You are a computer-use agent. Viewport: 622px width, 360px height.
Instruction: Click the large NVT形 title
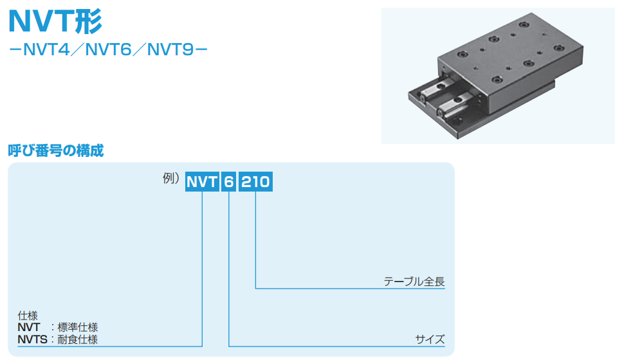[x=55, y=21]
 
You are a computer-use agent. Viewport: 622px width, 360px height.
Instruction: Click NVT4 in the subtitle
[x=47, y=50]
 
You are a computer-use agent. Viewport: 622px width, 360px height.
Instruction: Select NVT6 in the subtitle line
[x=108, y=50]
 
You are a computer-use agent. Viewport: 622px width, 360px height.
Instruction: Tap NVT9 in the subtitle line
[x=170, y=50]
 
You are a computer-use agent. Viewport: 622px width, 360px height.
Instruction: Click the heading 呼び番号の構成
[x=56, y=150]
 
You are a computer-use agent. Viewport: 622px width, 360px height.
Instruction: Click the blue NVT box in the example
[x=203, y=181]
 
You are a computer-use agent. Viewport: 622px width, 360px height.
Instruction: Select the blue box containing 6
[x=229, y=181]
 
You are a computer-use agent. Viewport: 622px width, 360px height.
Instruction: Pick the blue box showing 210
[x=255, y=181]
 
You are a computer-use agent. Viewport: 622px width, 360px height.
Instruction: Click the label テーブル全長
[x=414, y=282]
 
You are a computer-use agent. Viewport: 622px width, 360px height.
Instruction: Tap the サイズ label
[x=430, y=339]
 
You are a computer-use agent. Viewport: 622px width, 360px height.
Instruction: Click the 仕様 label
[x=28, y=316]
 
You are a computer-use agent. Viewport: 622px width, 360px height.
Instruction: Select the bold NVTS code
[x=33, y=340]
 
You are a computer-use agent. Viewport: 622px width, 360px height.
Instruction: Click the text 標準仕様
[x=78, y=327]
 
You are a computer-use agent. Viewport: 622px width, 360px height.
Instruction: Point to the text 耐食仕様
[x=78, y=340]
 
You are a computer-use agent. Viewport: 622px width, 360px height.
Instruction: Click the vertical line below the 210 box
[x=255, y=240]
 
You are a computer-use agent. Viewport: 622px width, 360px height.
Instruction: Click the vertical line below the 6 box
[x=229, y=269]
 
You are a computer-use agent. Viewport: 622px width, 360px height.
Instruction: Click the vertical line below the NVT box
[x=203, y=269]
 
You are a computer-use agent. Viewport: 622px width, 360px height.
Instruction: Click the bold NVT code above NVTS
[x=29, y=327]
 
